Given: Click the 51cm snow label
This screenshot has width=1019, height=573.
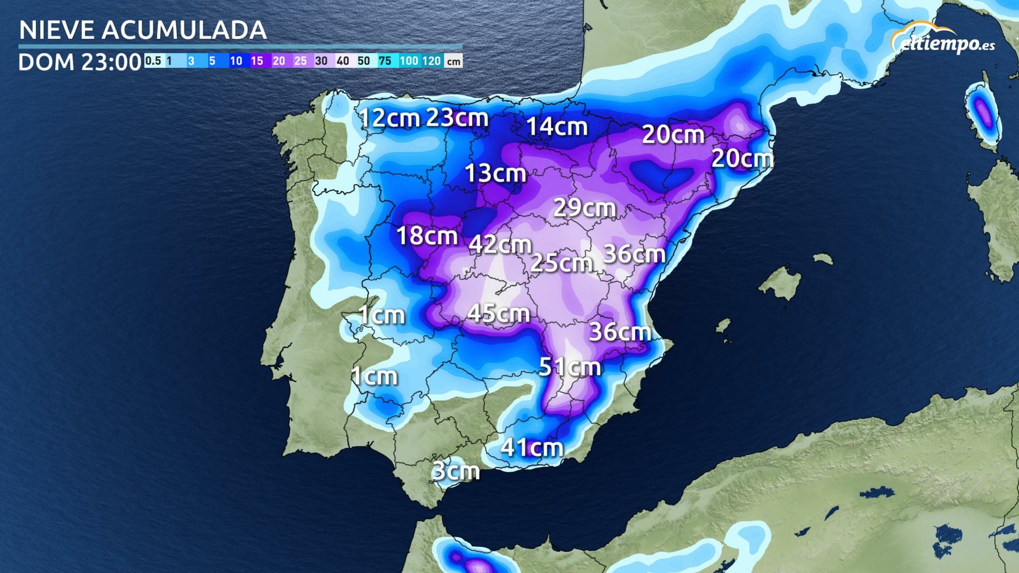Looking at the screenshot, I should (x=569, y=367).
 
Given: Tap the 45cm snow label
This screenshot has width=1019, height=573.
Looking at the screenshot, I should (x=498, y=314).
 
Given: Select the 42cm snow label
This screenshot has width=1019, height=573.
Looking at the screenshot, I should (x=500, y=245).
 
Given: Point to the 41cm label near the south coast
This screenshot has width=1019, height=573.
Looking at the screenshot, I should (x=531, y=448).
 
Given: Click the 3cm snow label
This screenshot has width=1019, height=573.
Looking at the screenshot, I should (x=455, y=471).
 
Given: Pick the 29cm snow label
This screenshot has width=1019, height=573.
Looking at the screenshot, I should (x=584, y=207).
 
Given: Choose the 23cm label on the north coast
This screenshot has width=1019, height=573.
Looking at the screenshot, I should (x=457, y=117).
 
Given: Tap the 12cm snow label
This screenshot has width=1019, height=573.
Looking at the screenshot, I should (x=390, y=118).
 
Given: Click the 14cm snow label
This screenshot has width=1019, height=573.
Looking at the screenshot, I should (x=557, y=127).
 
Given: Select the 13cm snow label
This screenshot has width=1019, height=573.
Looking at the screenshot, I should (x=495, y=173).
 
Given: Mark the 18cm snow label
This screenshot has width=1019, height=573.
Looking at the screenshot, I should (x=427, y=236).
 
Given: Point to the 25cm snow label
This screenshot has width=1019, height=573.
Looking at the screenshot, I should (x=561, y=263).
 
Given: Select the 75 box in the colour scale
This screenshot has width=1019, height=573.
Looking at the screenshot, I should (x=385, y=61).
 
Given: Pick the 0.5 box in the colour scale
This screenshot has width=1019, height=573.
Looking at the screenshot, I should (x=153, y=61).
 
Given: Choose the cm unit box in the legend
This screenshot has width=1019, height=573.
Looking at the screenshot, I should (x=453, y=62).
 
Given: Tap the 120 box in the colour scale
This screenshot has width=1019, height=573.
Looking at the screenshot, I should (x=432, y=61).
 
